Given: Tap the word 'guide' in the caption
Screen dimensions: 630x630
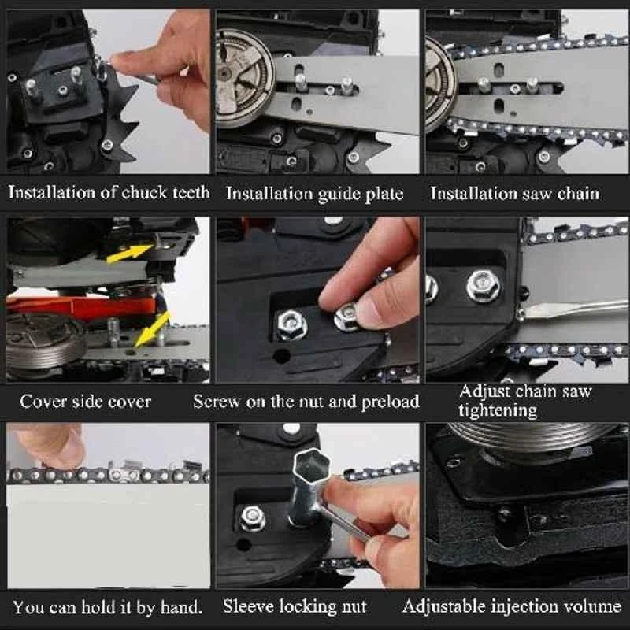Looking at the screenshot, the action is click(339, 194).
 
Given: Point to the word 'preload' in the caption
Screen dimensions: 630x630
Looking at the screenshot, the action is click(390, 402).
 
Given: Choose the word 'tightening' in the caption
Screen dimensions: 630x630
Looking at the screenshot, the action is click(498, 410).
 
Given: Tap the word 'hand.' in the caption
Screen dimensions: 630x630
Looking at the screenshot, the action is click(181, 607).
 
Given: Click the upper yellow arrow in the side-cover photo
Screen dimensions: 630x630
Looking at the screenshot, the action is click(129, 254).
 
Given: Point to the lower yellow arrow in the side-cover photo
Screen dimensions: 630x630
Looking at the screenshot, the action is click(152, 329).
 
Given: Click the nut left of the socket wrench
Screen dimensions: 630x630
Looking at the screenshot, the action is click(252, 519).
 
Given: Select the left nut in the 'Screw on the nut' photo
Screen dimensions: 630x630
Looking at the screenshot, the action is click(292, 324).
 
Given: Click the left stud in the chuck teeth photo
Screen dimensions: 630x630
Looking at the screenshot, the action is click(31, 88).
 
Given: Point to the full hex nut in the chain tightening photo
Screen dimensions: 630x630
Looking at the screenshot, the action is click(484, 286).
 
